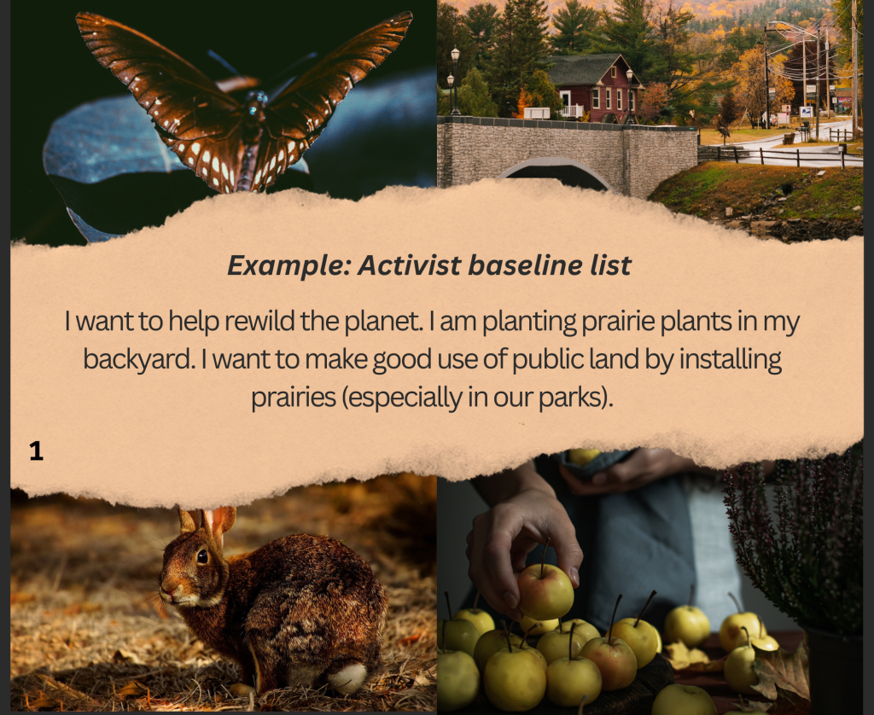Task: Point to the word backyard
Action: tap(139, 359)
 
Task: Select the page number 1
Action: tap(36, 451)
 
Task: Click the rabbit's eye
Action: tap(202, 556)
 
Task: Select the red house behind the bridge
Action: tap(593, 89)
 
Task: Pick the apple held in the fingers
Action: tap(545, 590)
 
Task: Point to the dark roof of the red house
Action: tap(586, 69)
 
